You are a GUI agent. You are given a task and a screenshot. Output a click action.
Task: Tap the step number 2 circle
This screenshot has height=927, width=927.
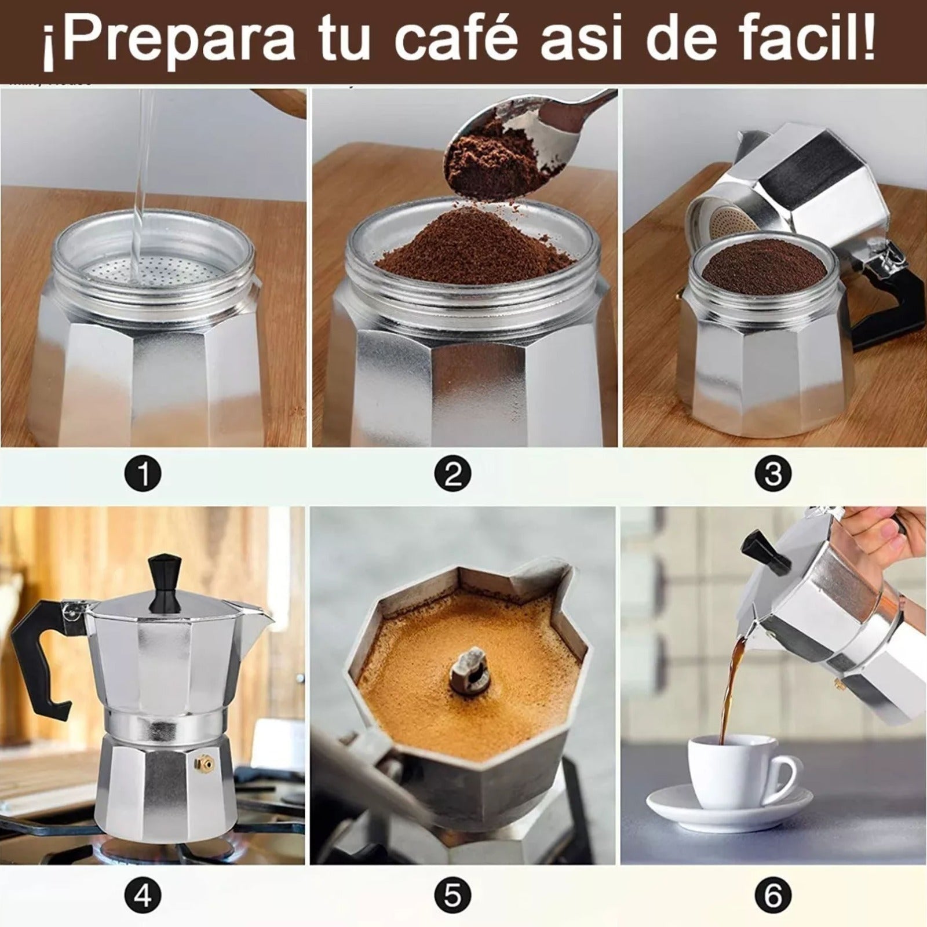(452, 475)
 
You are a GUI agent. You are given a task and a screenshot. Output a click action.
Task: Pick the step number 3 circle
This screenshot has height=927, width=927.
(773, 475)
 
